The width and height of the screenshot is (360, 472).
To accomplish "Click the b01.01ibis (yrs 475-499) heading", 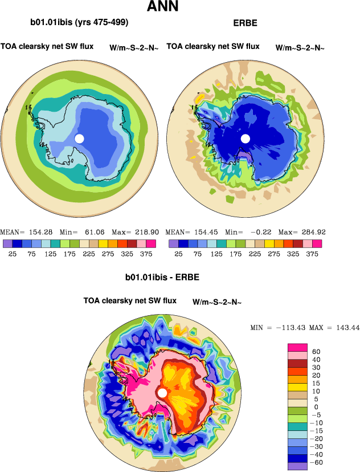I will click(x=79, y=23).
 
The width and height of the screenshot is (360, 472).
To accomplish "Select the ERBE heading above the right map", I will click(x=245, y=23).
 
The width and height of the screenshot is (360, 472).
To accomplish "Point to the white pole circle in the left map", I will click(x=79, y=139).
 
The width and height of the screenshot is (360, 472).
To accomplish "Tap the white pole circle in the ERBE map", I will click(x=246, y=139).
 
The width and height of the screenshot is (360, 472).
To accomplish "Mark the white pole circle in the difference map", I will click(x=162, y=393).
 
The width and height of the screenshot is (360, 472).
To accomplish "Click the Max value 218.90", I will click(x=145, y=233).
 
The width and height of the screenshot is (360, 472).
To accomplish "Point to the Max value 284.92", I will click(x=311, y=233).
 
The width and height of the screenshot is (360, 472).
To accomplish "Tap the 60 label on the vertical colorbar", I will click(x=316, y=352).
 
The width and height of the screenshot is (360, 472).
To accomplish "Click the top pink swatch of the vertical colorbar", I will click(x=298, y=348).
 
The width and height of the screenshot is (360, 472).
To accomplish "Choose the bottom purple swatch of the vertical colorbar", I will click(x=298, y=466).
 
